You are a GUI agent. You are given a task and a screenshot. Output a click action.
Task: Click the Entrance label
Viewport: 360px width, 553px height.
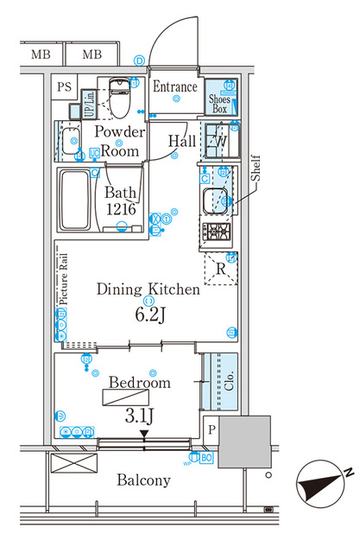tap(175, 86)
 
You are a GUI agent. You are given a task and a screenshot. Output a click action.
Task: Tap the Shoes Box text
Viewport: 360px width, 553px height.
tap(219, 103)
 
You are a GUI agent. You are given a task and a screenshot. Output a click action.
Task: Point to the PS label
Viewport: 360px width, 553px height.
tap(64, 86)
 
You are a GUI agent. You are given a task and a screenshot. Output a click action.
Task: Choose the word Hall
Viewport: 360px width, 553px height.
tap(181, 140)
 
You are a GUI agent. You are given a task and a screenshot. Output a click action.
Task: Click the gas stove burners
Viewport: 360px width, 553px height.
tap(215, 232)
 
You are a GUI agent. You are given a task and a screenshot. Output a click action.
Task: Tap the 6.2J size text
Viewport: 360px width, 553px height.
tap(148, 315)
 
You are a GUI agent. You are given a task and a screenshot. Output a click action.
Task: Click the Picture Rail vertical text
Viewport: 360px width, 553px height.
tap(63, 291)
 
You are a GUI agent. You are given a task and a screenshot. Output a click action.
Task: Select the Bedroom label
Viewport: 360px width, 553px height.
tap(140, 382)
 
